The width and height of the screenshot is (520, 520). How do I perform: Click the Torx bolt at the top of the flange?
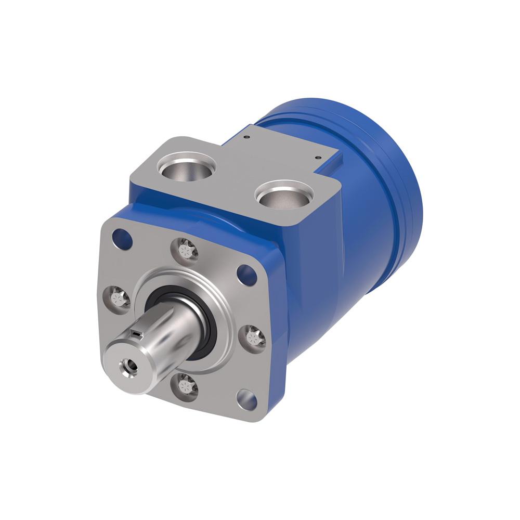[185, 251]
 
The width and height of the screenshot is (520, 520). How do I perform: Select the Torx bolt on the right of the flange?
[255, 337]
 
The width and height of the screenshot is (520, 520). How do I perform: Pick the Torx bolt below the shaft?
[185, 385]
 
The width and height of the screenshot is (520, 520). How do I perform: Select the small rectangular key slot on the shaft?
[136, 332]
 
